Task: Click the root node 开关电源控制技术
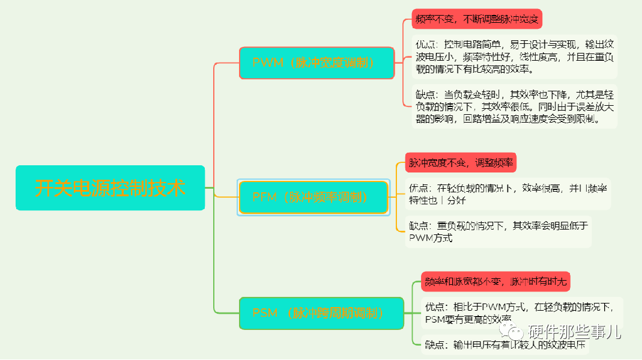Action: pyautogui.click(x=110, y=188)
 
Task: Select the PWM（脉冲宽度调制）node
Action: pyautogui.click(x=316, y=63)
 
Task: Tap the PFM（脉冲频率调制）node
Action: pyautogui.click(x=313, y=197)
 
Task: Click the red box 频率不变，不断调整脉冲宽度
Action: pyautogui.click(x=477, y=19)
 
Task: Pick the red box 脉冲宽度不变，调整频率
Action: pyautogui.click(x=461, y=162)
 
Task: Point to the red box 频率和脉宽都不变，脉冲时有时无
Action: pyautogui.click(x=495, y=281)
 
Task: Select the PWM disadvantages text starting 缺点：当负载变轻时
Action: pyautogui.click(x=515, y=106)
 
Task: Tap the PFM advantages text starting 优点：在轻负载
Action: pyautogui.click(x=507, y=194)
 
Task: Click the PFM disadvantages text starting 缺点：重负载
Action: pyautogui.click(x=498, y=231)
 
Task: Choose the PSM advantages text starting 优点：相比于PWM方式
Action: pyautogui.click(x=520, y=313)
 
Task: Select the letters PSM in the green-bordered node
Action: pyautogui.click(x=265, y=313)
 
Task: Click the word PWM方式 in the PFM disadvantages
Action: pyautogui.click(x=431, y=238)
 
